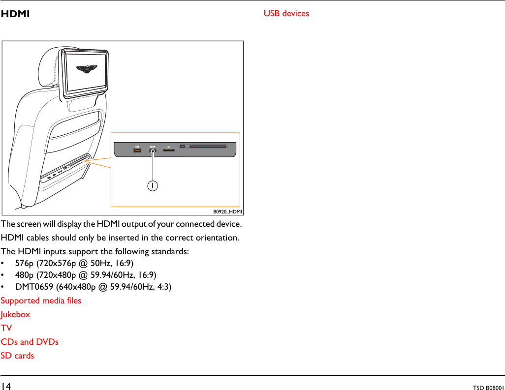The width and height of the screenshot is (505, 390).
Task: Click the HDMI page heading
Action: (15, 14)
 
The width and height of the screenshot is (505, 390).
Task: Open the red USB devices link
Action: (286, 13)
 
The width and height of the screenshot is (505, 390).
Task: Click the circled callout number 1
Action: (153, 186)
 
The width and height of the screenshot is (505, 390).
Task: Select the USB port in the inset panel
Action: (137, 150)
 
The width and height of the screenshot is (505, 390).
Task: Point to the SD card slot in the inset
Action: (168, 150)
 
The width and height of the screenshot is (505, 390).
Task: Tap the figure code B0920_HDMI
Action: (227, 211)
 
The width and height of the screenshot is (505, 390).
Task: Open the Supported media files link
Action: (41, 300)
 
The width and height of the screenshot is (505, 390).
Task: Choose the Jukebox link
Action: (15, 314)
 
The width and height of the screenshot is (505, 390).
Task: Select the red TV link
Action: (6, 328)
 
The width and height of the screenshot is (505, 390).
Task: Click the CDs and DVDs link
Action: (30, 342)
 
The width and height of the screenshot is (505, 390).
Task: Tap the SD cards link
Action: (17, 356)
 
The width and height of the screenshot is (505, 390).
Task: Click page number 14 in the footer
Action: (6, 386)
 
